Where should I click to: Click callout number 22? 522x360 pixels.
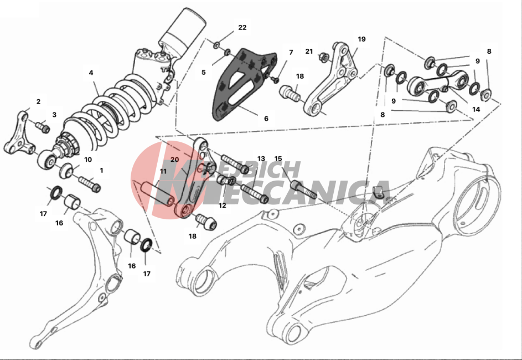click(242, 27)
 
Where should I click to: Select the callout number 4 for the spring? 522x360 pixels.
click(91, 73)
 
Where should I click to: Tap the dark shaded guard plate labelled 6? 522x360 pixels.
click(245, 84)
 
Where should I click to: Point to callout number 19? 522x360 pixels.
click(361, 39)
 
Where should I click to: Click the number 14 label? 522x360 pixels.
click(476, 109)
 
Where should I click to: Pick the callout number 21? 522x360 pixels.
click(309, 52)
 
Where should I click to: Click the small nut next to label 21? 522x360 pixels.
click(323, 57)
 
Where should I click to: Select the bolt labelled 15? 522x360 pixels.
click(303, 189)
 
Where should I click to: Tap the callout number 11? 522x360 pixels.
click(163, 172)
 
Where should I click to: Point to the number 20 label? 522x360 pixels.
click(174, 160)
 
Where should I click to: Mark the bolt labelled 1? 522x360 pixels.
click(90, 184)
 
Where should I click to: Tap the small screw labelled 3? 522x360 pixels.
click(43, 127)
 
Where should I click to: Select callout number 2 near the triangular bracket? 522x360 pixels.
click(38, 101)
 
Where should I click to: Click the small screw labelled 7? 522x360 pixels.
click(275, 79)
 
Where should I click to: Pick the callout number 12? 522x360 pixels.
click(223, 205)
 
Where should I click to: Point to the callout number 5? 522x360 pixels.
click(203, 72)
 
